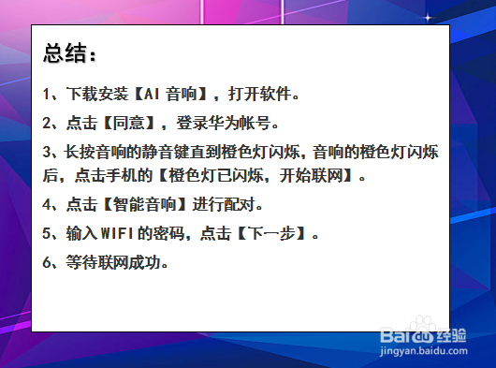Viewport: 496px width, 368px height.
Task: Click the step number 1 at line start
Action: click(48, 95)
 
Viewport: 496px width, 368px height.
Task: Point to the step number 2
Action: click(48, 123)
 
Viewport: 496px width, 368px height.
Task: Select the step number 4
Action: click(48, 204)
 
